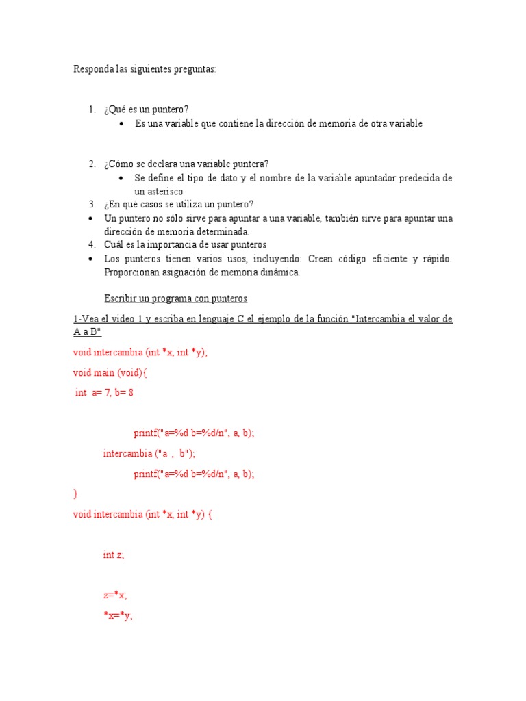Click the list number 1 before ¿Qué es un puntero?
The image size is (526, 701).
[x=91, y=110]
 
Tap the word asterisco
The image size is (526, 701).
[x=159, y=192]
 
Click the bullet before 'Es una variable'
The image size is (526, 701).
[x=121, y=124]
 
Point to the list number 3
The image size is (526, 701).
[x=91, y=205]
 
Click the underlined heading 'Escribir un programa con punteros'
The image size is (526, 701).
[x=175, y=299]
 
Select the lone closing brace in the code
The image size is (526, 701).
[x=75, y=493]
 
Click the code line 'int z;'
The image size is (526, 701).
[x=114, y=555]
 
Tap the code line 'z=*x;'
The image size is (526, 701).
[x=115, y=595]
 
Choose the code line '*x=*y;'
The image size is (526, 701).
[x=118, y=615]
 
